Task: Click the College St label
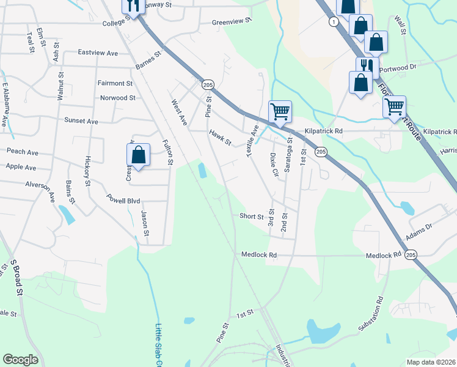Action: [x=109, y=23]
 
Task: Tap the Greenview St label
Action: [x=232, y=21]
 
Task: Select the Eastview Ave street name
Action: [x=97, y=53]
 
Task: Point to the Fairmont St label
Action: [x=115, y=83]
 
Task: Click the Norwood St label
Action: [x=118, y=98]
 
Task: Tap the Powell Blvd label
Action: [x=123, y=200]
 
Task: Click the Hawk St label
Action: [x=220, y=137]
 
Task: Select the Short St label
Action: [x=251, y=216]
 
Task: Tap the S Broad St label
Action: [x=16, y=278]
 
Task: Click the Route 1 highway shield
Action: [x=333, y=22]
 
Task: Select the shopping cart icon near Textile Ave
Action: [x=280, y=112]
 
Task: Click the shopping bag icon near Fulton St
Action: [x=139, y=155]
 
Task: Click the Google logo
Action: [x=20, y=360]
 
